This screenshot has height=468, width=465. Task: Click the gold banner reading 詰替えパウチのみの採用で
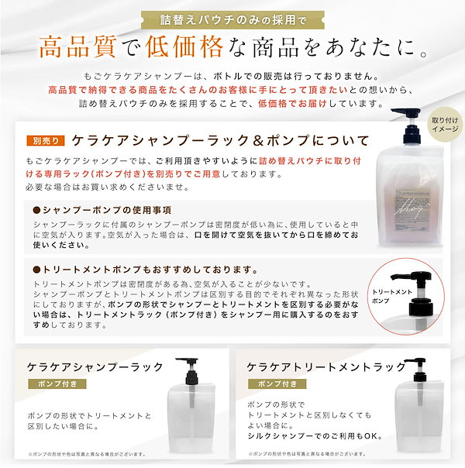point(232,17)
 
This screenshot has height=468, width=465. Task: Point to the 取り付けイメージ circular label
point(445,125)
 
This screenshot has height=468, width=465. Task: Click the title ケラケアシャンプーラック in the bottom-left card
point(95,365)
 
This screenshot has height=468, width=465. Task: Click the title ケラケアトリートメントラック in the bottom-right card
point(325,365)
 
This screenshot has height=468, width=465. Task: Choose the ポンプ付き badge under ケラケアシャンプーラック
point(54,384)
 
